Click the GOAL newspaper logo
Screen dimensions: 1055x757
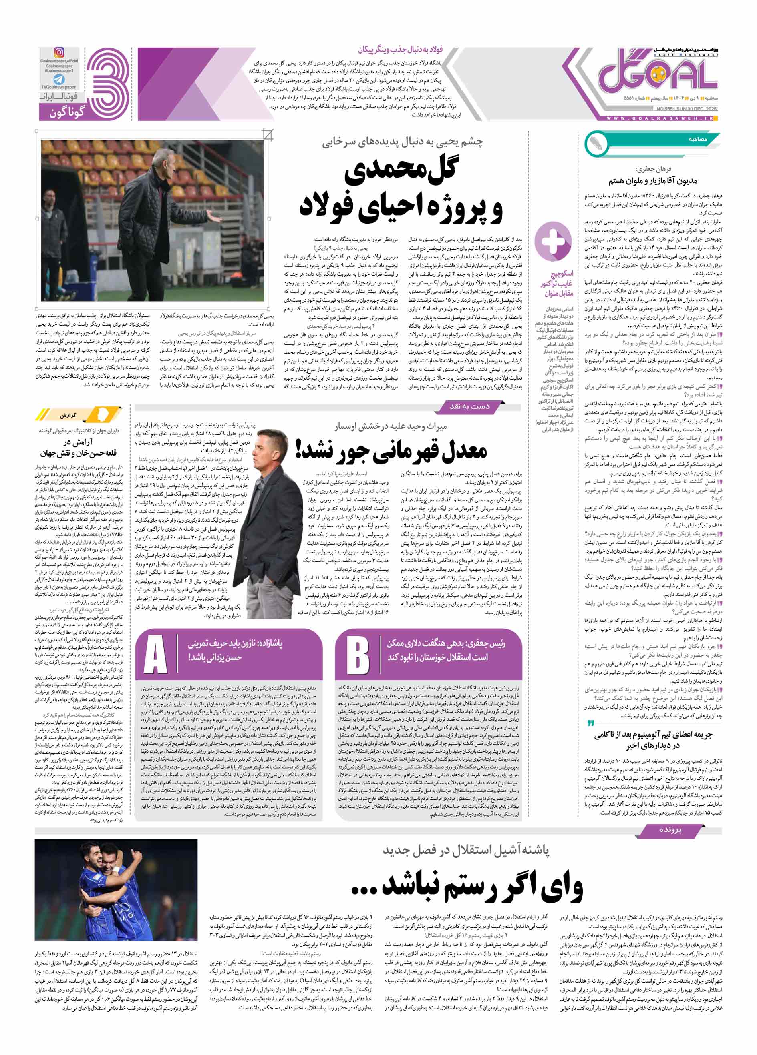pos(657,74)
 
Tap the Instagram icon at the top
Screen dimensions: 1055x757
pos(59,52)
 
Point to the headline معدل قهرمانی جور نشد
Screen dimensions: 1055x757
pos(391,450)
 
